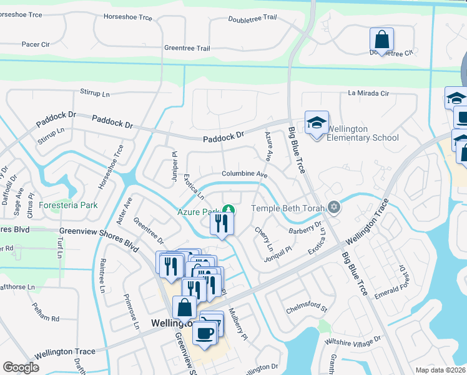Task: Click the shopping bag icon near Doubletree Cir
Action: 381,40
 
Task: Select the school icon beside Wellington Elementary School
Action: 317,123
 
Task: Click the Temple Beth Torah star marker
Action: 335,207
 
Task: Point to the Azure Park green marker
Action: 229,209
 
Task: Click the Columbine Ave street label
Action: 244,175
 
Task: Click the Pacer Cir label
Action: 36,45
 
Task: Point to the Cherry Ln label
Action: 260,239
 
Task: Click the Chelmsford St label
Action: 307,307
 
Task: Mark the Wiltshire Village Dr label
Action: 352,341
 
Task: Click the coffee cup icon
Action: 205,333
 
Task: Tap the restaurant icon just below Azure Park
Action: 221,224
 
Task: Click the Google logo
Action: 21,367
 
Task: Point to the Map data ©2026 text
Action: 440,370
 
